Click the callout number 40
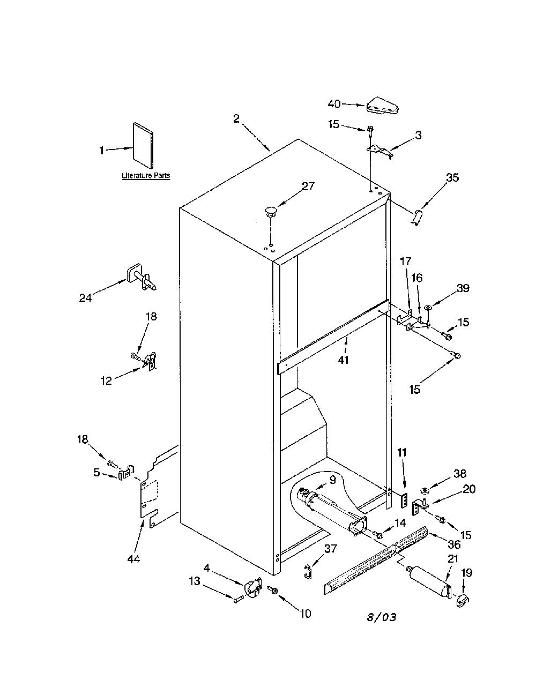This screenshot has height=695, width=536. coord(334,104)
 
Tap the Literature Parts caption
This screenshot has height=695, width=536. coord(146,176)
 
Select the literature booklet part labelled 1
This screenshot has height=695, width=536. coord(143,145)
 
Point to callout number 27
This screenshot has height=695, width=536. coord(308,186)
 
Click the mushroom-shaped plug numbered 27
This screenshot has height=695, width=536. coord(271,212)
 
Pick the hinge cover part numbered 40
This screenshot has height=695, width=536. coord(383,106)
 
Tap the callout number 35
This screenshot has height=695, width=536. coord(452,177)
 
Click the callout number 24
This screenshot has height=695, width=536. coord(85,298)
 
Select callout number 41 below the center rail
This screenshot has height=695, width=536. coord(343,360)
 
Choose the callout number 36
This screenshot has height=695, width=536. coord(453,544)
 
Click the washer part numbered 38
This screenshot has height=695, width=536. coord(425,490)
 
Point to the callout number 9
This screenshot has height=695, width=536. coord(333,480)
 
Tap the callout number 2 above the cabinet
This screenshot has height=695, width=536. coord(236,119)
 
